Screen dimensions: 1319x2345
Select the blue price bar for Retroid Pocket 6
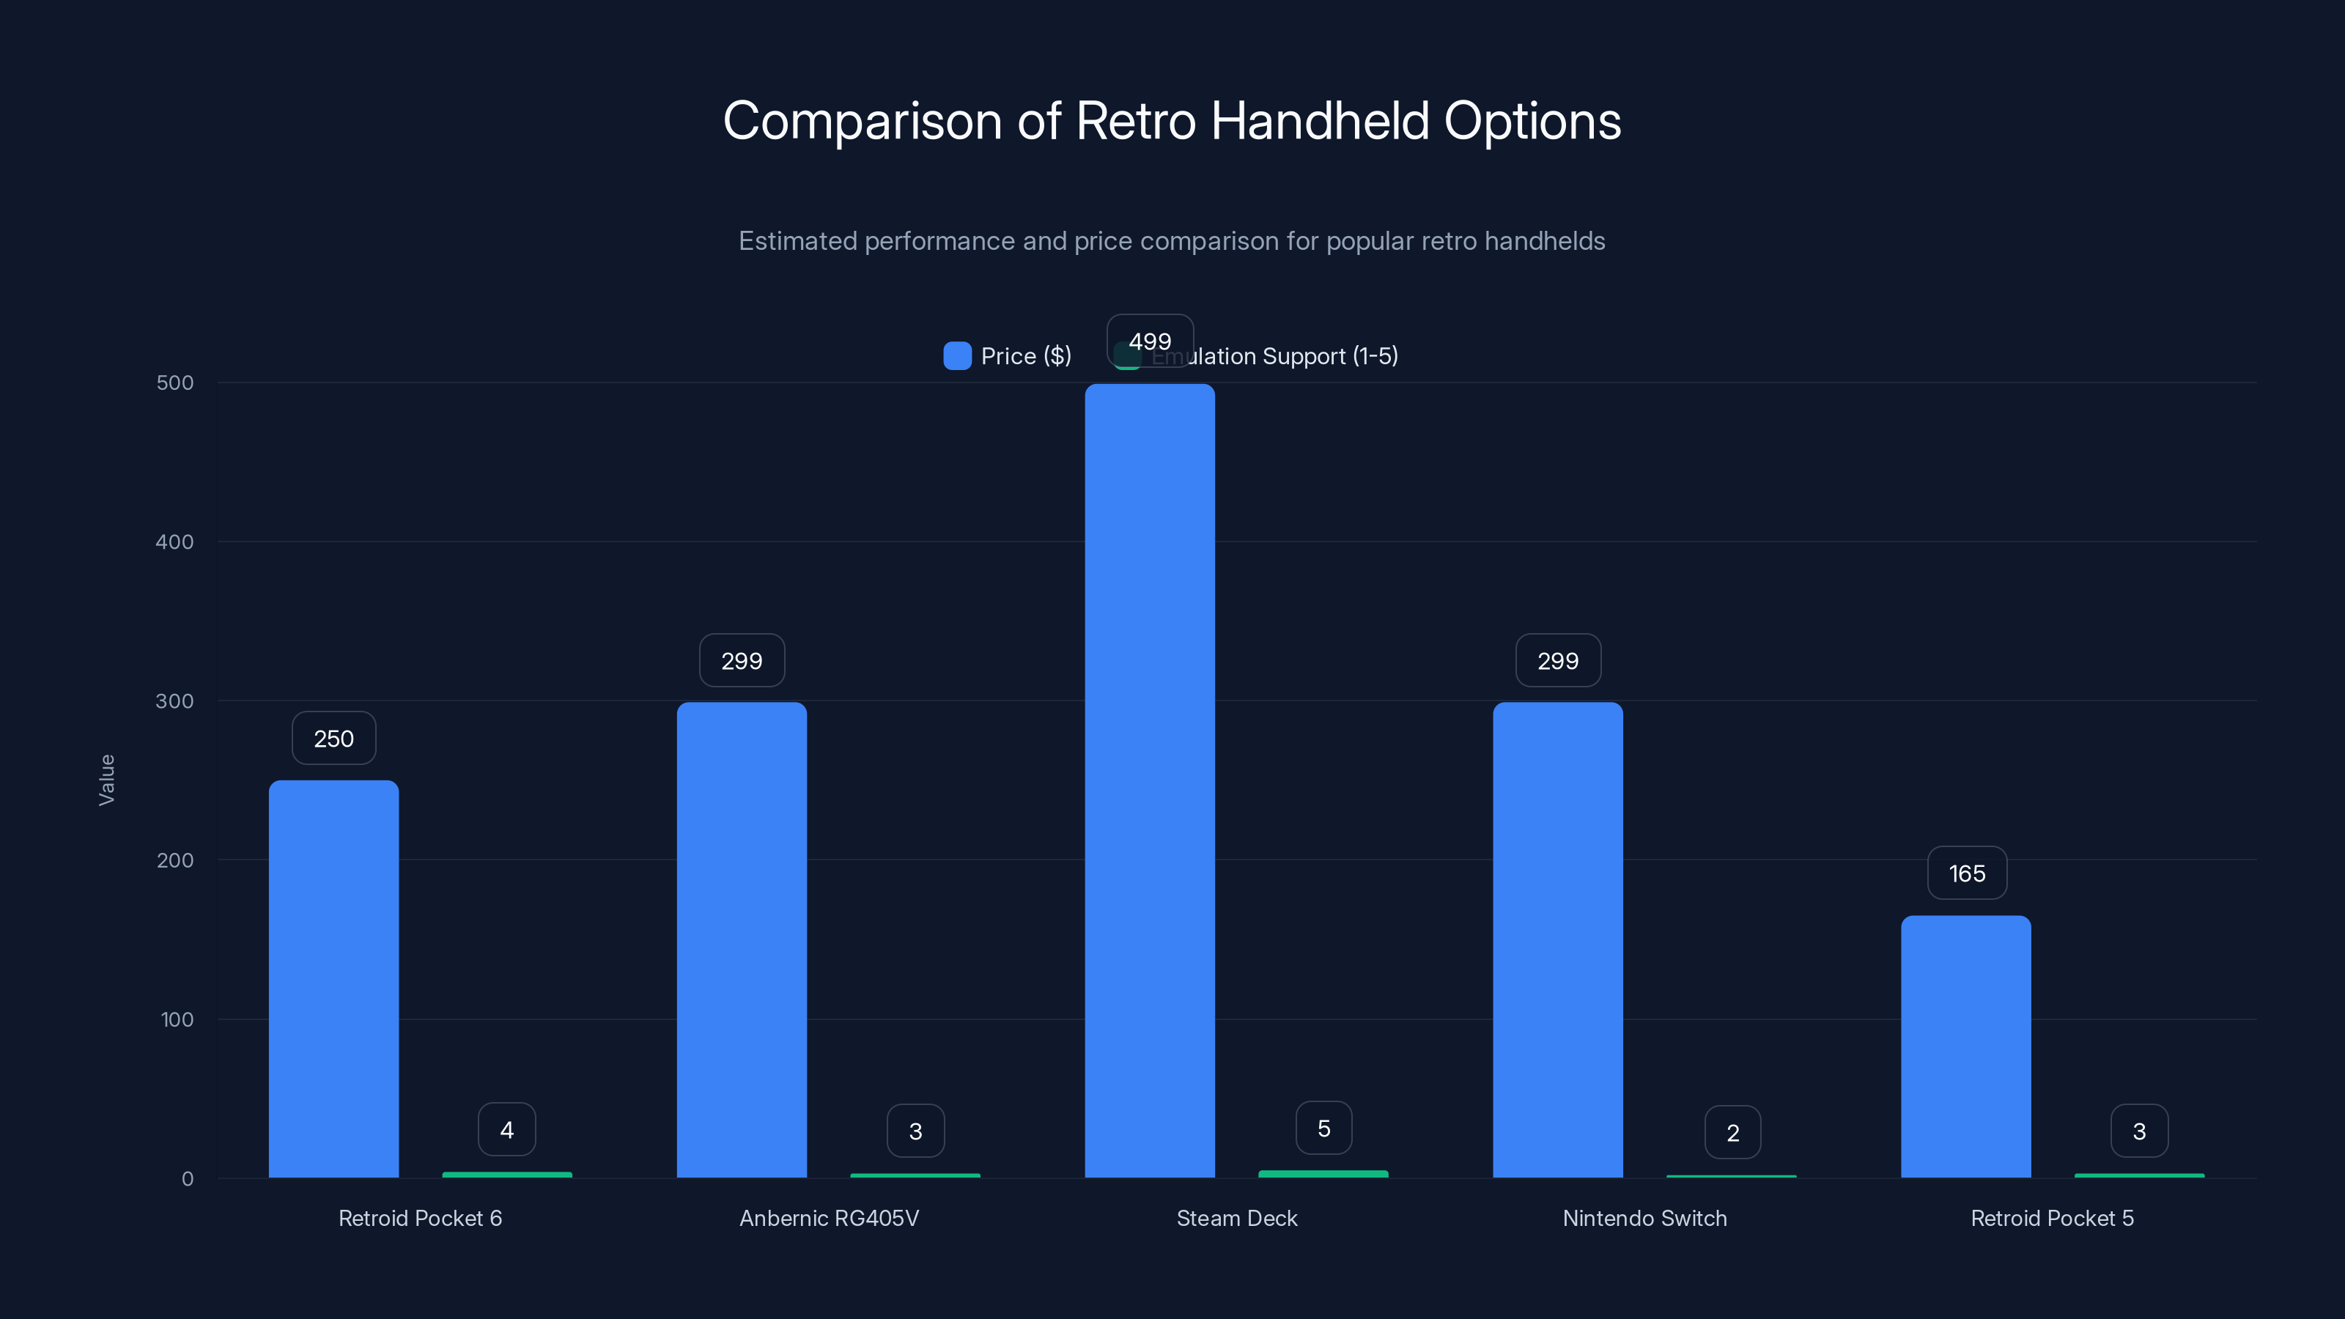click(333, 978)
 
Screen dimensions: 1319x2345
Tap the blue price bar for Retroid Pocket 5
click(1965, 1047)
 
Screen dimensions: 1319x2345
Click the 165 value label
click(1966, 874)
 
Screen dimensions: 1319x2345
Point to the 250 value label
click(333, 738)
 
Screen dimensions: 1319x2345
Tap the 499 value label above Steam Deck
click(1150, 341)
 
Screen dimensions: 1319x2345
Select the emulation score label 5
click(1323, 1128)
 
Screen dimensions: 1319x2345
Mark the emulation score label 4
click(507, 1130)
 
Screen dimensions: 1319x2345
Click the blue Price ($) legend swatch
click(957, 356)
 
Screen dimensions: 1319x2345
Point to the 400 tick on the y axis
click(175, 542)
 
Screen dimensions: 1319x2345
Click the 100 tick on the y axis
click(177, 1019)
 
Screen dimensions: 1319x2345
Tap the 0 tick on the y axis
click(188, 1179)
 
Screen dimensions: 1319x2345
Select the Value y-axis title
click(106, 780)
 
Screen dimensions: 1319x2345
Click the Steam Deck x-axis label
click(1236, 1218)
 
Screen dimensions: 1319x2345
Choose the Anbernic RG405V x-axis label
click(828, 1218)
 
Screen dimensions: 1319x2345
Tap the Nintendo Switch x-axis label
click(1644, 1218)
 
